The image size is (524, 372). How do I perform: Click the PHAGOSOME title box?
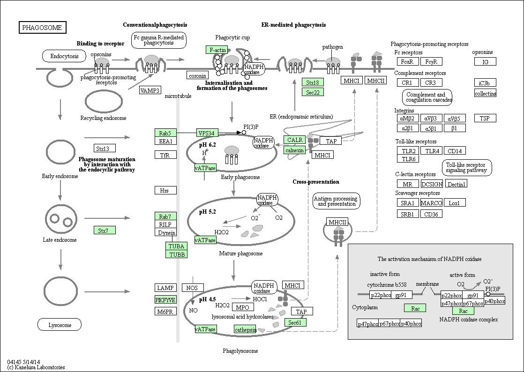42,28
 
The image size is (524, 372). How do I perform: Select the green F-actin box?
217,50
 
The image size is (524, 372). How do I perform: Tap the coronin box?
197,75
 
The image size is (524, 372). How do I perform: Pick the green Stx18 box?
313,82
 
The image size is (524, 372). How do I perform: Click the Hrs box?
165,190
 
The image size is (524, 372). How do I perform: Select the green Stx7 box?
104,231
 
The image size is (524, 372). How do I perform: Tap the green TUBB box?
176,254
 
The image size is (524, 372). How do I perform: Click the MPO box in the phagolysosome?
242,307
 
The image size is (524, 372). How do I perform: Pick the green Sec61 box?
295,322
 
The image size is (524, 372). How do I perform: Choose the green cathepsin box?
245,329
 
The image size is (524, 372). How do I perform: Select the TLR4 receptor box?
431,151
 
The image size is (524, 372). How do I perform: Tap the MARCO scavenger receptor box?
431,203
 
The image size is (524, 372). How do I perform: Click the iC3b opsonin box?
485,83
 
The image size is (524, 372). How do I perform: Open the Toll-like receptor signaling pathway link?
466,168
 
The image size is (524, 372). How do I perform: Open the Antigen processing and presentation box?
337,201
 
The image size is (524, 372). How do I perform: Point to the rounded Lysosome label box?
60,325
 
